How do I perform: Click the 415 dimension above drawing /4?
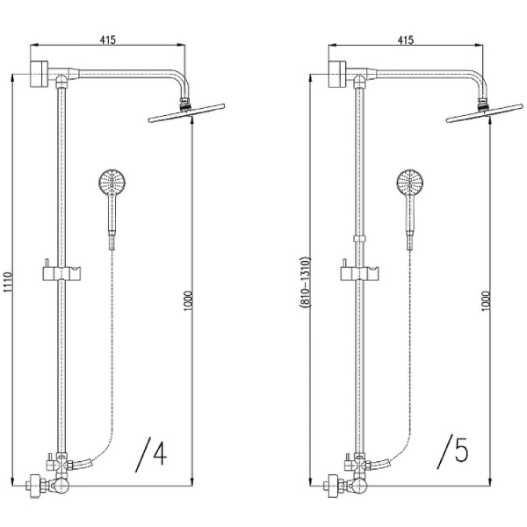(x=109, y=40)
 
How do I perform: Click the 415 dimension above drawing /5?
(x=407, y=40)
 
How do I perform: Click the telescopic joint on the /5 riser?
(x=359, y=238)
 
